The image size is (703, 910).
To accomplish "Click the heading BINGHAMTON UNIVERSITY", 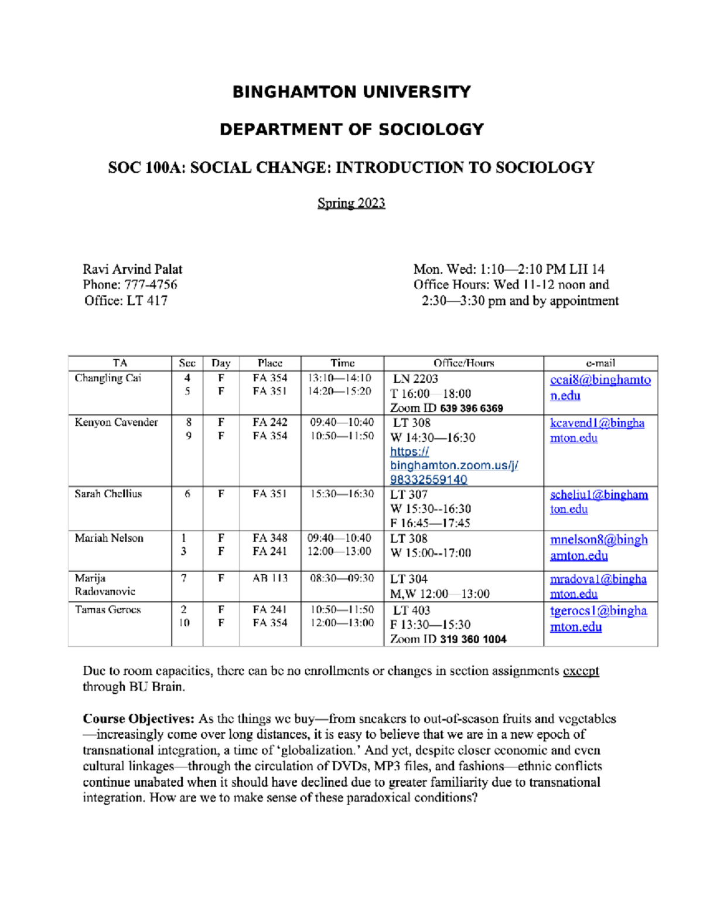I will click(351, 92).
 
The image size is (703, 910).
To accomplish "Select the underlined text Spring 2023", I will click(351, 203).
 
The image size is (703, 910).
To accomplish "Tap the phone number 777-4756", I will click(151, 285).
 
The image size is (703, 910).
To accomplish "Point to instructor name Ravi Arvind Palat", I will click(132, 270).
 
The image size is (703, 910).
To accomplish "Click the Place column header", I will click(269, 363).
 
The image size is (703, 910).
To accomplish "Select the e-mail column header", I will click(600, 363).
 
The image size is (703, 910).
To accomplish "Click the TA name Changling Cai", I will click(108, 379).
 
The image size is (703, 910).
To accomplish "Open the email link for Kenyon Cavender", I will click(596, 430).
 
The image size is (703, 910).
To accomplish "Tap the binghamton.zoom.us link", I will click(453, 466).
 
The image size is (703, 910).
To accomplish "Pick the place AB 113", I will click(269, 578).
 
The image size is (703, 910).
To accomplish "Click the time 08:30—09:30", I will click(342, 578).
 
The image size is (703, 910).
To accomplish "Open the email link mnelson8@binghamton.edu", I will click(598, 547).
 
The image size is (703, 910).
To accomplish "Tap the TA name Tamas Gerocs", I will click(108, 610).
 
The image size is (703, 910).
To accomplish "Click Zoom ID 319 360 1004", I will click(473, 639).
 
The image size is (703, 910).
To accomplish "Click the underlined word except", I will click(581, 672).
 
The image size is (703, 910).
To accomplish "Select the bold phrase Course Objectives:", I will click(138, 719).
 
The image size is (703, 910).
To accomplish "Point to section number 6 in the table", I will click(187, 494).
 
